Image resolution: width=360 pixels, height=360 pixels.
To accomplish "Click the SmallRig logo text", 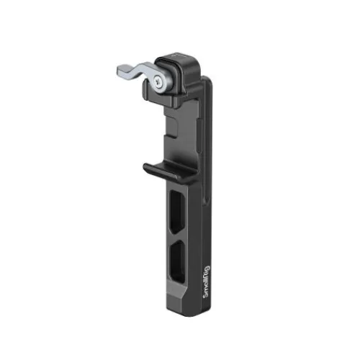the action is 207,282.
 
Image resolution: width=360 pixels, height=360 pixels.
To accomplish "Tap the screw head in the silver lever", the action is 158,80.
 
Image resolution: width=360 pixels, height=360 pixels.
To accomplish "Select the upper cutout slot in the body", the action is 177,212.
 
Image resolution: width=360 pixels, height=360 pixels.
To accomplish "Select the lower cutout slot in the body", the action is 177,261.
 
